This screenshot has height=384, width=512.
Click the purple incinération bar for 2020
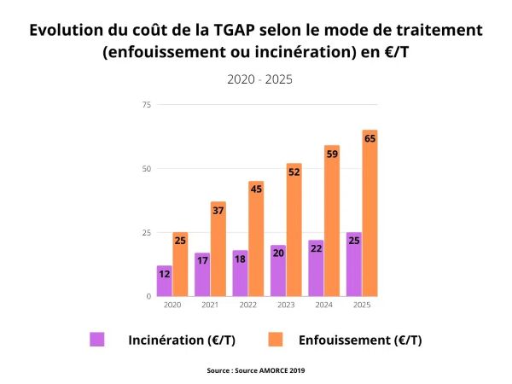click(164, 282)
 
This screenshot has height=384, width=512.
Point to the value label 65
click(369, 137)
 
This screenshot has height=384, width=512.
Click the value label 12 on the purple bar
click(164, 274)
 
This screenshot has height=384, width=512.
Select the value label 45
click(256, 189)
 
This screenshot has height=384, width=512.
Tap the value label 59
click(332, 154)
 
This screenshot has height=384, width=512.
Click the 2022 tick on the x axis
click(247, 305)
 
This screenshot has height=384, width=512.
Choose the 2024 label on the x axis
click(323, 305)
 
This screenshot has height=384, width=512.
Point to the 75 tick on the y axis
click(146, 105)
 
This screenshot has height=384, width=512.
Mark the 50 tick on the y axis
click(146, 169)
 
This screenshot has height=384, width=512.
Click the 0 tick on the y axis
click(148, 296)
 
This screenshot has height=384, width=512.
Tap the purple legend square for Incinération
click(97, 340)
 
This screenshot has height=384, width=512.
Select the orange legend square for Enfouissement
click(275, 340)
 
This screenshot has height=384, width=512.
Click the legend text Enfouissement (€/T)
click(360, 340)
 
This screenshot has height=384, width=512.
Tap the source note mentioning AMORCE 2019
click(256, 370)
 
